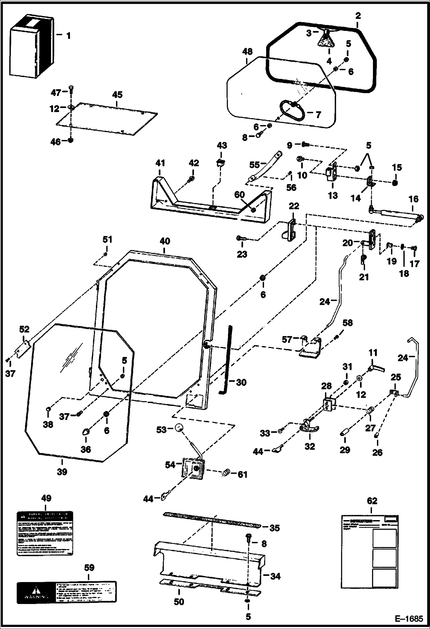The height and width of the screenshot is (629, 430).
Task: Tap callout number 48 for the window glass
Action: [x=247, y=52]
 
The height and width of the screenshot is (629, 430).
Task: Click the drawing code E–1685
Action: [x=409, y=619]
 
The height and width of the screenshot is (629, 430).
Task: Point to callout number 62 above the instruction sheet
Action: [x=372, y=501]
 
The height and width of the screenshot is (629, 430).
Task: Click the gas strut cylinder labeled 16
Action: [x=396, y=212]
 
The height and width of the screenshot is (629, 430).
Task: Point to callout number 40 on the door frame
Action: [x=165, y=241]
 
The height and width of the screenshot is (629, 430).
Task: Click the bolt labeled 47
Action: [x=71, y=91]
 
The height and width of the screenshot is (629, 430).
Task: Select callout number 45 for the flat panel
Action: [x=117, y=95]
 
